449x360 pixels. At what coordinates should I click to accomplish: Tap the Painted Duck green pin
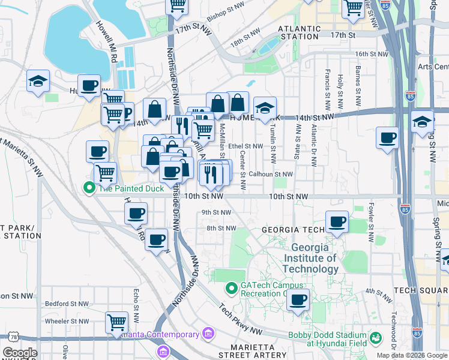[89, 188]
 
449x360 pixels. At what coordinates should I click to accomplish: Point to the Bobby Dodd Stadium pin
[376, 338]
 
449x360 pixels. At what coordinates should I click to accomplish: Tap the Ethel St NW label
[245, 146]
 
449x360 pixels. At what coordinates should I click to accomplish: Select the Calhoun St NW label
[271, 174]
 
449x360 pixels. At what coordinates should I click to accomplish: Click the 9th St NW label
[216, 212]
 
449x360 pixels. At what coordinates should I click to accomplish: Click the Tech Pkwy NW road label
[241, 319]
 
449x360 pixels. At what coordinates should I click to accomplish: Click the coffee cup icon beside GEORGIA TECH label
[337, 221]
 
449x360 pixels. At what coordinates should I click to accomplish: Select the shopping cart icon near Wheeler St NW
[116, 322]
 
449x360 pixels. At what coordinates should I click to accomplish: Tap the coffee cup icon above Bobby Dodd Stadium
[298, 299]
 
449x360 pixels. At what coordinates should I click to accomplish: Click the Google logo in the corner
[20, 353]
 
